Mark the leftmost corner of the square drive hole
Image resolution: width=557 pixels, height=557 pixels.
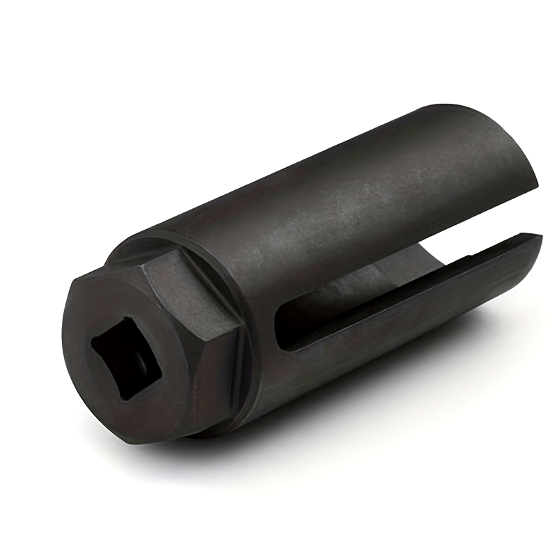click(x=92, y=346)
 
